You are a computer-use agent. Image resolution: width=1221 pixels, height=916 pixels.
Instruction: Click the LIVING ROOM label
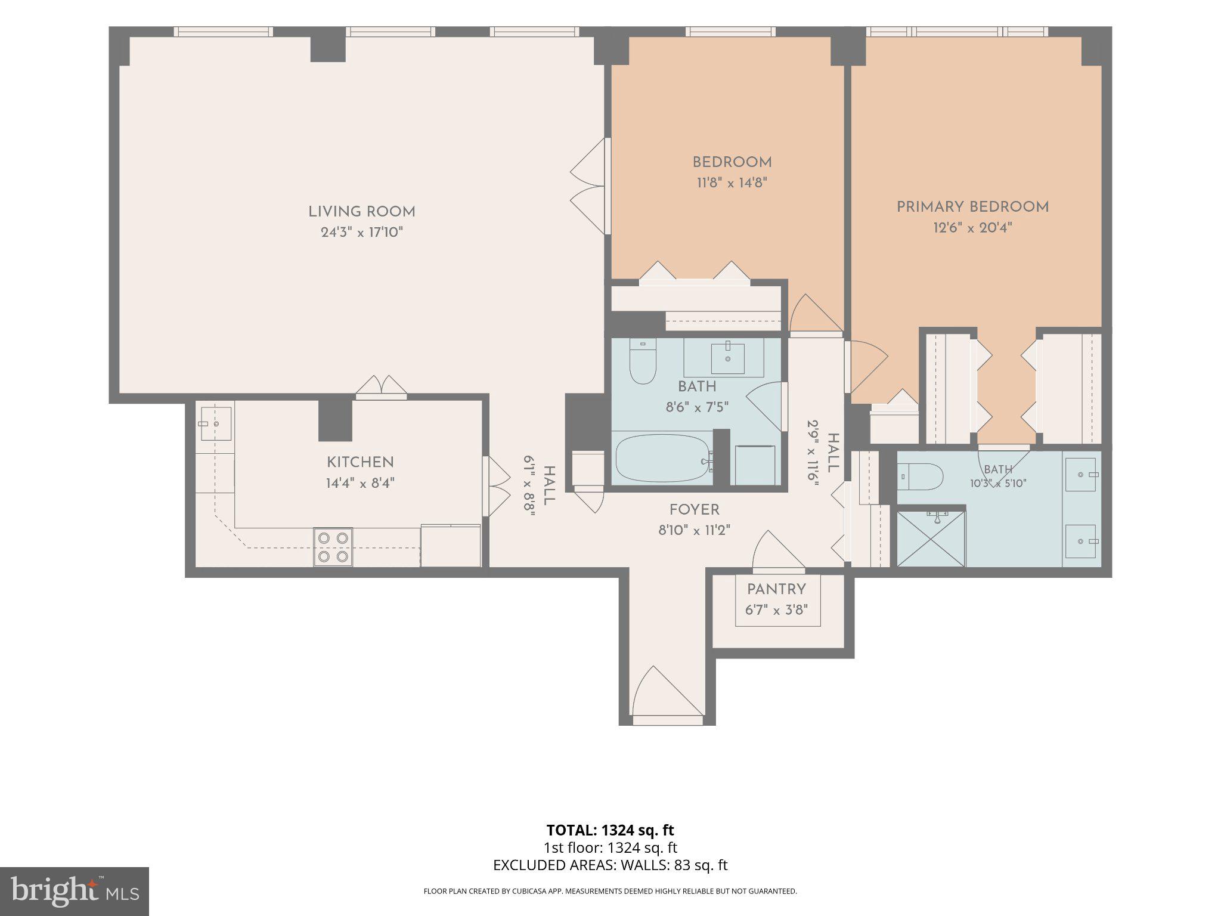(x=361, y=212)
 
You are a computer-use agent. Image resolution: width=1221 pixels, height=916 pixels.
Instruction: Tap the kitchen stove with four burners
(x=333, y=547)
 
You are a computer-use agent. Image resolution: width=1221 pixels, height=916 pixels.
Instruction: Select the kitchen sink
(x=215, y=423)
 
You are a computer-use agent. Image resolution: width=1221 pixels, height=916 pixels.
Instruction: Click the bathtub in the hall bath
(x=663, y=459)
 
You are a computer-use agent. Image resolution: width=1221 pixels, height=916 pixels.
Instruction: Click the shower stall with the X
(x=931, y=538)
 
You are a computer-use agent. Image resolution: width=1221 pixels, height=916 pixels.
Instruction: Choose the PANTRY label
(x=776, y=589)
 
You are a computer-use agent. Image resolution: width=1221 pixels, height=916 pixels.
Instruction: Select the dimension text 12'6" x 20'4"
(x=973, y=227)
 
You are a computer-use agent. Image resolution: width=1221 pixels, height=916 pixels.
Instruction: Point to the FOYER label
(x=694, y=510)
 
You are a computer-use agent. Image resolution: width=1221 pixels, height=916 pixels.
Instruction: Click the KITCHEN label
(x=360, y=462)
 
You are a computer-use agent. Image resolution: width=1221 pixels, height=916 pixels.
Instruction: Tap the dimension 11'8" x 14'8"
(x=732, y=182)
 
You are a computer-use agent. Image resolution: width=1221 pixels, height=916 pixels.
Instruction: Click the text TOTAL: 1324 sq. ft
(x=610, y=830)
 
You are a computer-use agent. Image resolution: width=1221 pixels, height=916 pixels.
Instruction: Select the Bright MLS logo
(x=75, y=892)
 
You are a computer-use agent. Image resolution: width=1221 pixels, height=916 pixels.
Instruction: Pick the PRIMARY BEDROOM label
(x=973, y=207)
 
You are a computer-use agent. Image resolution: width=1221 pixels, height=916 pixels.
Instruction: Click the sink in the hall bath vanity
(x=728, y=358)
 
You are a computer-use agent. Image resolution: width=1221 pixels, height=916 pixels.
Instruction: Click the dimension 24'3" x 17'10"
(x=362, y=232)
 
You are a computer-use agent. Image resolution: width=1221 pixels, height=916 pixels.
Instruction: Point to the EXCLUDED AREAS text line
(x=610, y=865)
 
